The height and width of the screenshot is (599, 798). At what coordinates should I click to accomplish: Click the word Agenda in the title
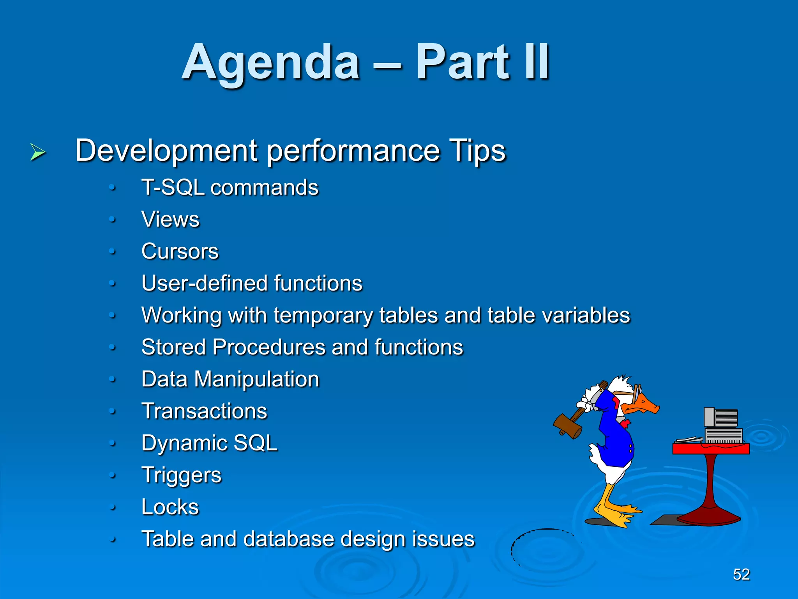270,62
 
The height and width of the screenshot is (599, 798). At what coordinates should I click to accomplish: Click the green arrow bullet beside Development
37,152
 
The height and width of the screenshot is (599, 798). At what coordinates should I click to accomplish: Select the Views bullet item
170,219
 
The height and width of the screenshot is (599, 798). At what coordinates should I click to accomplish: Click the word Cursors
180,251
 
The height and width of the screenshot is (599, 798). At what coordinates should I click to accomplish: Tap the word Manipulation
256,379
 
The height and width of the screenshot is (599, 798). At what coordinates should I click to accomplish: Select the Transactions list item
204,411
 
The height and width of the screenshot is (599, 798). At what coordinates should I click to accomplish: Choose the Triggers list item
181,475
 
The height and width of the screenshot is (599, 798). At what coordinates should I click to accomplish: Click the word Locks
170,507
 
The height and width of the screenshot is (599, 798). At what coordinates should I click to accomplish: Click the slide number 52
741,574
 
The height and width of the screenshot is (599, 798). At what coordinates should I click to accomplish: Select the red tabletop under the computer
711,449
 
